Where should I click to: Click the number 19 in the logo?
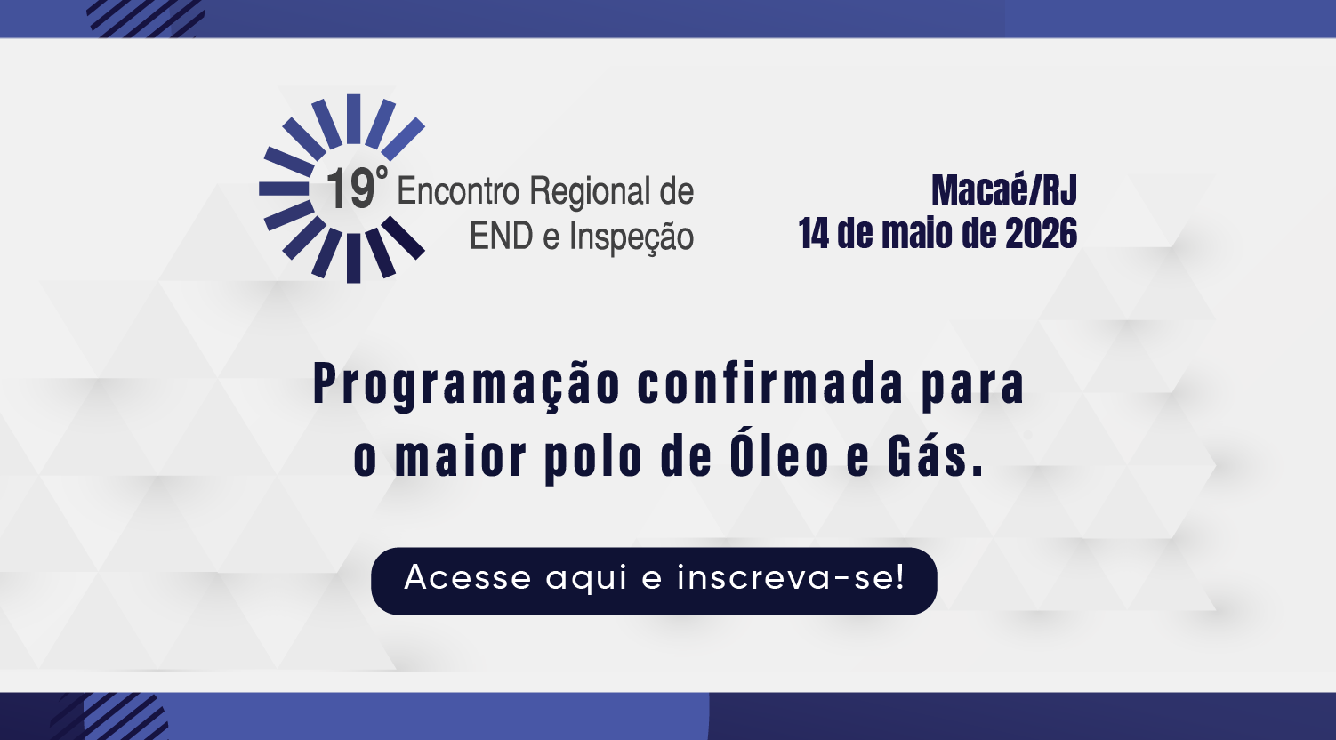point(350,189)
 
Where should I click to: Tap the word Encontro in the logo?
point(459,191)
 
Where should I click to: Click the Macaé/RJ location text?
point(1004,190)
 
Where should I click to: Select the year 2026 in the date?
point(1042,233)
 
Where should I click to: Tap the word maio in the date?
point(915,233)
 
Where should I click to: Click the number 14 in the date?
point(814,233)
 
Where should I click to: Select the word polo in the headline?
point(594,458)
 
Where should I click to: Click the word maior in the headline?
point(461,456)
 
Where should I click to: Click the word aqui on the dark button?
point(586,578)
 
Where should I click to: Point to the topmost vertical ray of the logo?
point(354,118)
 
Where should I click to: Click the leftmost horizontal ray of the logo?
point(284,189)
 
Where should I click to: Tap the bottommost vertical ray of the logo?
point(354,258)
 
